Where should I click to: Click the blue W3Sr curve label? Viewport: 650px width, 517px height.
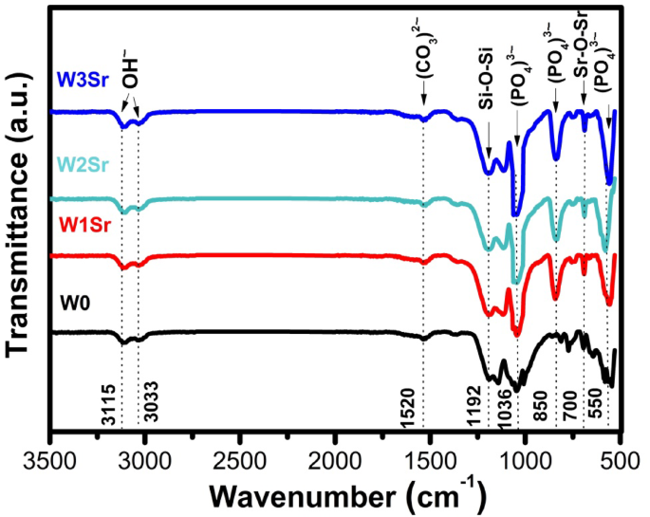83,80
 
